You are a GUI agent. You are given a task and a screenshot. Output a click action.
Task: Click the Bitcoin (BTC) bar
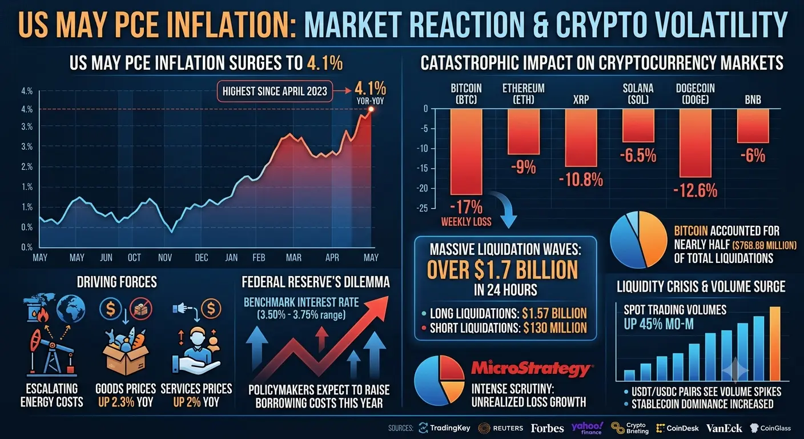tap(467, 151)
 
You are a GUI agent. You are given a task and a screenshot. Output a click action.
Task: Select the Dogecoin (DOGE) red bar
tap(696, 143)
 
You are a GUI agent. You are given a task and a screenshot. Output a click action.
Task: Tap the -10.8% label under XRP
tap(581, 179)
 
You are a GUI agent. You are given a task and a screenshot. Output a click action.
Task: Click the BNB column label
tap(753, 99)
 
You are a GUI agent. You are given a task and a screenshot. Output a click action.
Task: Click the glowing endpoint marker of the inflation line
tap(371, 109)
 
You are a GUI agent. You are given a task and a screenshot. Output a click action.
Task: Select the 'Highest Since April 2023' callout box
tap(275, 91)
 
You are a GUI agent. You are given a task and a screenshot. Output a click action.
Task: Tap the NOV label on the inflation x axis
tap(165, 258)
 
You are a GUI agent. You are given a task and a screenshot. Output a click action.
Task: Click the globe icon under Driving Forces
tap(71, 309)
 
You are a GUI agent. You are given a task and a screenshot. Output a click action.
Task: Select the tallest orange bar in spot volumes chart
tap(775, 344)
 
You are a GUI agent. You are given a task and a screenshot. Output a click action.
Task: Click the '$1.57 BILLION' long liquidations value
tap(554, 313)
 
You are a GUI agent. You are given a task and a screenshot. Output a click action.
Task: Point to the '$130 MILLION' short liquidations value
tap(555, 328)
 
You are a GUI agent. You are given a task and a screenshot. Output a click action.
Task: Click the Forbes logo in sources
tap(548, 428)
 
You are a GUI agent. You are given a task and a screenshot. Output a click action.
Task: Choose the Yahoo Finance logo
tap(587, 428)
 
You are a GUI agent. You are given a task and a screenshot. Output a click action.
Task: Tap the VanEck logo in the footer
tap(724, 428)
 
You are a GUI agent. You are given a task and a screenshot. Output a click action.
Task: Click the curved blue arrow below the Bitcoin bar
tap(505, 209)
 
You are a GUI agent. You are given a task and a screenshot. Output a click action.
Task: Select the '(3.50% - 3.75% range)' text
tap(301, 315)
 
